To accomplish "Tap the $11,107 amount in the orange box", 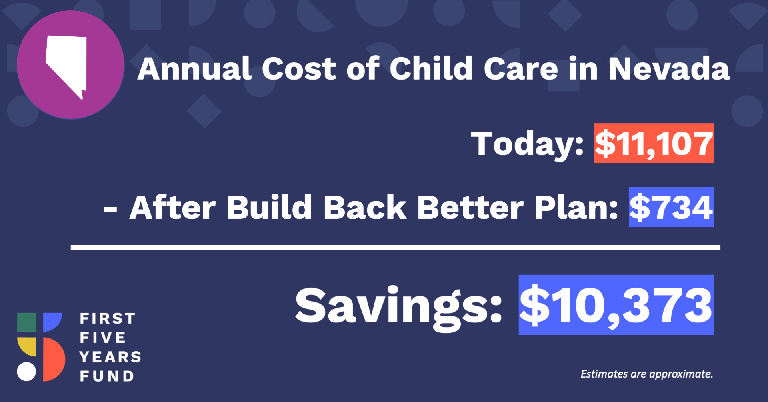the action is [x=654, y=144].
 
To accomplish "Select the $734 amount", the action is [x=671, y=208].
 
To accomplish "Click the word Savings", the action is [x=398, y=308].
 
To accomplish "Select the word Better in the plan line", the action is [x=470, y=208].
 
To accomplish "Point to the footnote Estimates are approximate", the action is [x=647, y=374].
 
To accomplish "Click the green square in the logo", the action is [x=27, y=322].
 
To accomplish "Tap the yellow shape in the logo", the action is [x=27, y=347].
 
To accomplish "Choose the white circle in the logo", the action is [x=26, y=372].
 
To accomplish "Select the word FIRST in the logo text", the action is [x=108, y=319].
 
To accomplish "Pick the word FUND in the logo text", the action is [x=107, y=376].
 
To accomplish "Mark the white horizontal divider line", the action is [x=396, y=248].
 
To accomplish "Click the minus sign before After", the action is [x=110, y=209].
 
